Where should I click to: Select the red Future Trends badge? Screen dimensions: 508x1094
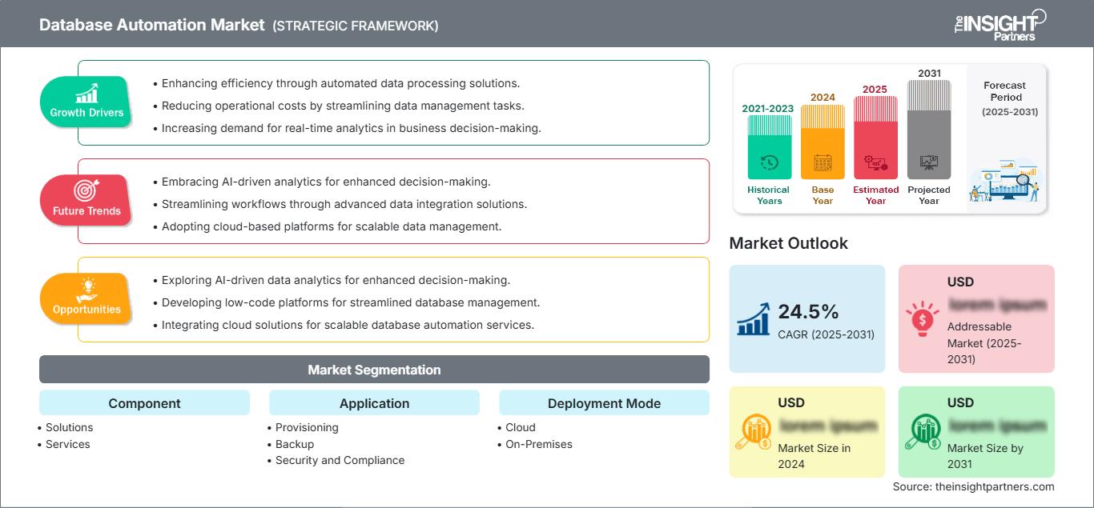86,200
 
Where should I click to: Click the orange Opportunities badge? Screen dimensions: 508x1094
86,298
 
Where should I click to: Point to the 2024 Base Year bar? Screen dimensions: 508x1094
823,142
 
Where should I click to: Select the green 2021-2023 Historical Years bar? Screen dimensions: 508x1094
769,147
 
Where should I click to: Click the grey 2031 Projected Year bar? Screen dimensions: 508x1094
929,130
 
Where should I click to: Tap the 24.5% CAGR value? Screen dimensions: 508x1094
808,312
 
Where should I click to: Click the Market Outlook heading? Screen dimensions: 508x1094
788,243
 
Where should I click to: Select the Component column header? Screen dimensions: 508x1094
144,403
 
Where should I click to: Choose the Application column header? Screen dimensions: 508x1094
374,403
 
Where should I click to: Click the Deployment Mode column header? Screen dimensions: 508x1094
604,403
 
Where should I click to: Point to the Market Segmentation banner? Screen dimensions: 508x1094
374,370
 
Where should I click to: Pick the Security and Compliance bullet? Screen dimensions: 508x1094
340,460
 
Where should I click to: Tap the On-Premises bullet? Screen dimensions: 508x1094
539,444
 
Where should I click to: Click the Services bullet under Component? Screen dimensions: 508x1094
68,444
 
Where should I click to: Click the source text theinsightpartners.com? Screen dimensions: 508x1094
974,486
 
